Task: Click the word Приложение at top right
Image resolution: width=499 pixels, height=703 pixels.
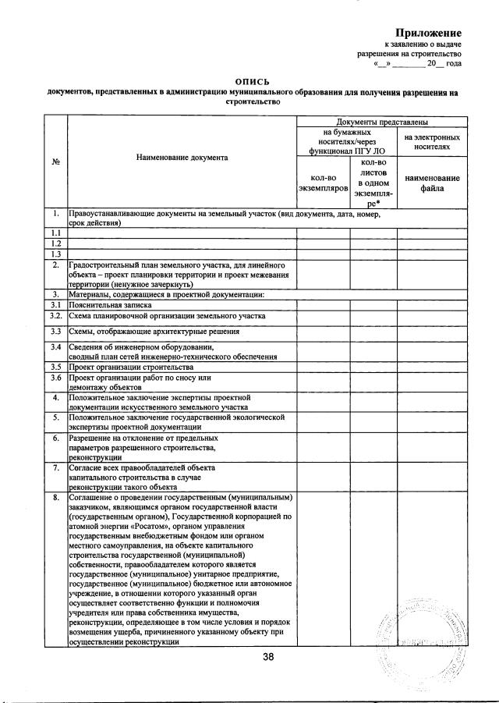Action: pyautogui.click(x=428, y=33)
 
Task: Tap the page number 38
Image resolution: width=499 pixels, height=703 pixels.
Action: pyautogui.click(x=268, y=658)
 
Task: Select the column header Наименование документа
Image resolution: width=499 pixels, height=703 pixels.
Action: pyautogui.click(x=182, y=158)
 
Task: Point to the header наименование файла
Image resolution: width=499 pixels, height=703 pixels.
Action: pyautogui.click(x=431, y=183)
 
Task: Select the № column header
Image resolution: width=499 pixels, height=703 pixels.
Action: pyautogui.click(x=55, y=162)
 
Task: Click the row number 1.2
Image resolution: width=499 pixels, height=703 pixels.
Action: pyautogui.click(x=55, y=243)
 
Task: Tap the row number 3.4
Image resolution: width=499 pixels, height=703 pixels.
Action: pyautogui.click(x=55, y=346)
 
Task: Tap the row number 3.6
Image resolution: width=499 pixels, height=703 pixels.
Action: pyautogui.click(x=55, y=378)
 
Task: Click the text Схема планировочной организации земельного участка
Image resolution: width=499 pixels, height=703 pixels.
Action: pyautogui.click(x=168, y=316)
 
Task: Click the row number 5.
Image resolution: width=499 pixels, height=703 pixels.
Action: pyautogui.click(x=55, y=417)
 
